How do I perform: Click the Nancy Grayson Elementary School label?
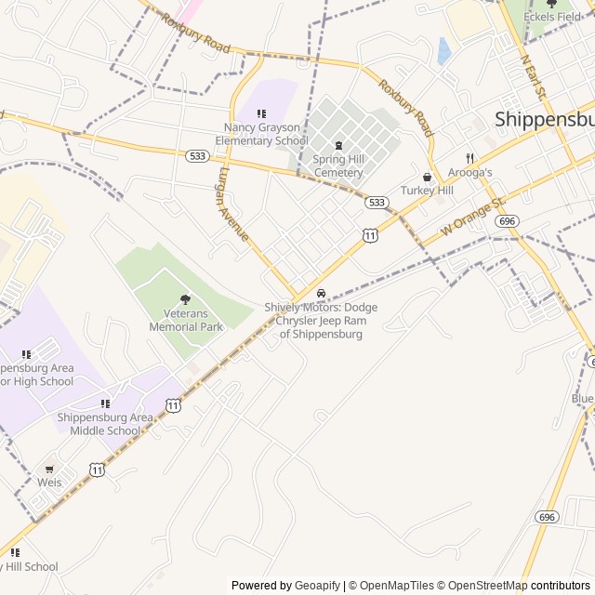(x=261, y=134)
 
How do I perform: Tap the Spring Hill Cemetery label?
(x=337, y=165)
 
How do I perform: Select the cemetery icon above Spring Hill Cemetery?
(x=337, y=145)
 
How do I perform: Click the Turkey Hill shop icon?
(x=427, y=177)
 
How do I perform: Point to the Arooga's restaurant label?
(x=469, y=173)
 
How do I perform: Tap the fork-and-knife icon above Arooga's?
(x=469, y=158)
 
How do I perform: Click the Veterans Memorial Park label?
(x=186, y=321)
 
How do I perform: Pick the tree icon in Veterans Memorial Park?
(x=185, y=299)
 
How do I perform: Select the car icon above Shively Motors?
(x=321, y=294)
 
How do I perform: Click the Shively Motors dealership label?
(x=321, y=320)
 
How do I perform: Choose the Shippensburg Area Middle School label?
(x=105, y=424)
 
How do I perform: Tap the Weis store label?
(x=49, y=483)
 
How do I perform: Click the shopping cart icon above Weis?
(x=49, y=469)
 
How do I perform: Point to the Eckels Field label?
(x=552, y=17)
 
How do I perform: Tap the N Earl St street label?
(x=535, y=79)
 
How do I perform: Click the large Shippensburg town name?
(x=544, y=119)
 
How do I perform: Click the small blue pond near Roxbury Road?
(x=443, y=50)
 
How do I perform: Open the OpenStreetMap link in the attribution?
(x=483, y=586)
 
